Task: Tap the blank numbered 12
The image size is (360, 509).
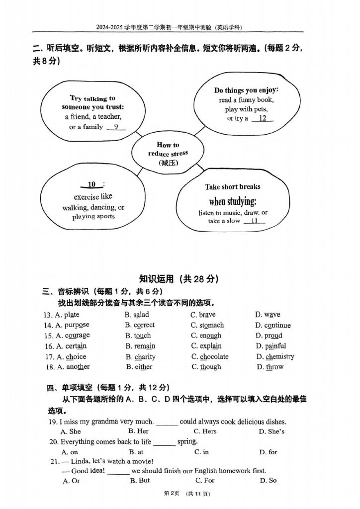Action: tap(263, 119)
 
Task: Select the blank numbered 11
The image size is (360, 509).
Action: tap(255, 221)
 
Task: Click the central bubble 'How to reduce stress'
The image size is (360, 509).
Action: tap(168, 154)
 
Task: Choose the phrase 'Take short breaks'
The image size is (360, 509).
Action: tap(232, 187)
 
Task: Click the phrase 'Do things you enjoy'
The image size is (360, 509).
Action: tap(246, 90)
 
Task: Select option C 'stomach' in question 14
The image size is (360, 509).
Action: tap(207, 325)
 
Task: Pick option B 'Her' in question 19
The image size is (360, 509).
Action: tap(138, 431)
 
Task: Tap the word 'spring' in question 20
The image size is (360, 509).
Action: tap(187, 441)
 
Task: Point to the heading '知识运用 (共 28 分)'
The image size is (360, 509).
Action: tap(179, 279)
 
